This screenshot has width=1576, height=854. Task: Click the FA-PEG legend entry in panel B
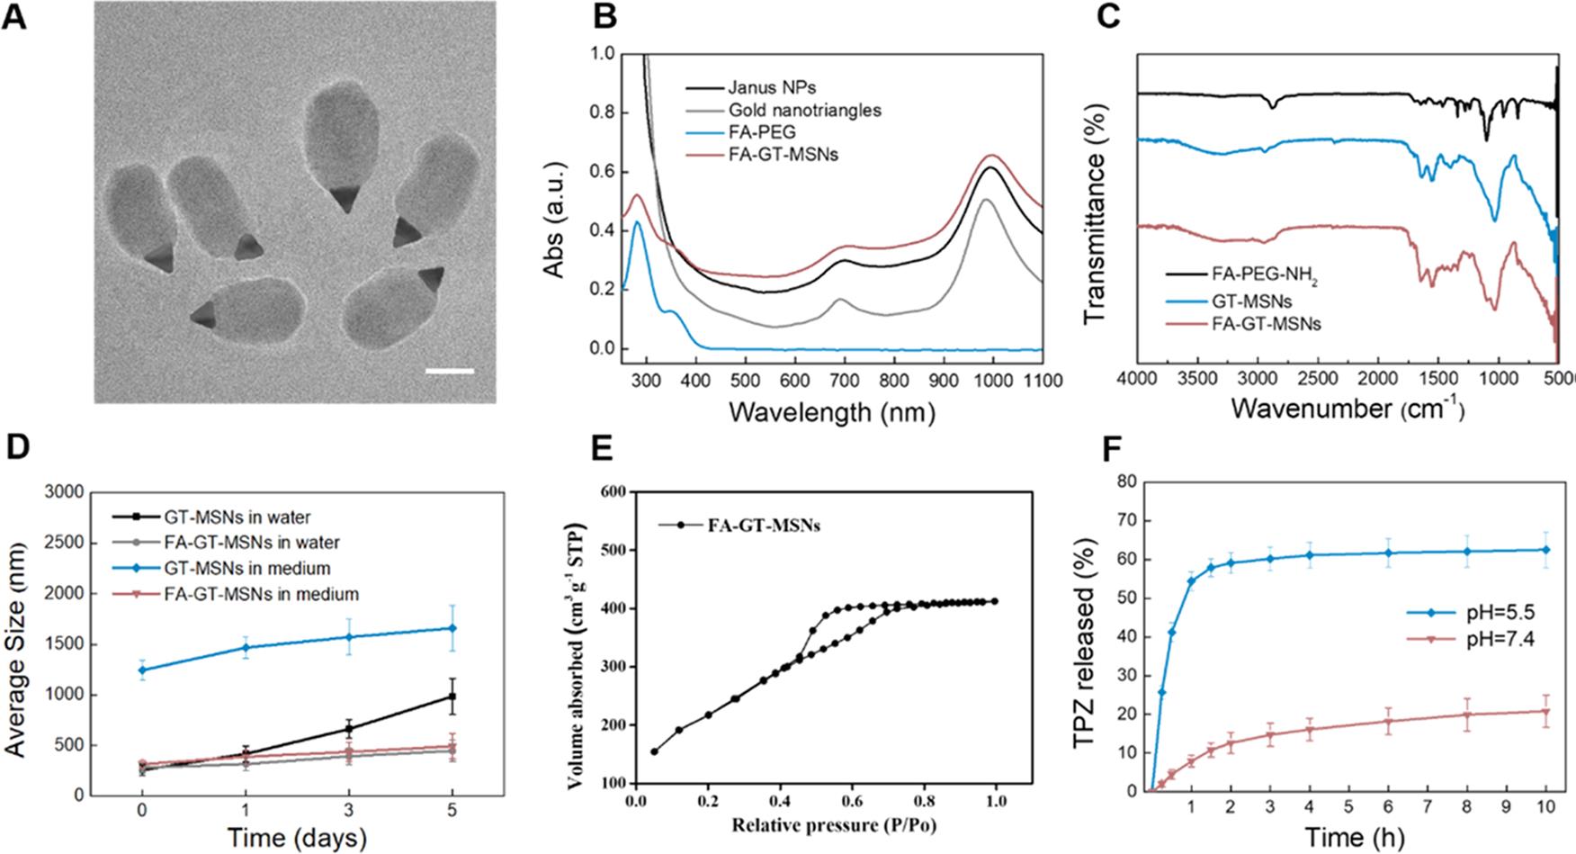click(x=763, y=133)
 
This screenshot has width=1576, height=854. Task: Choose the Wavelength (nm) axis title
click(x=831, y=412)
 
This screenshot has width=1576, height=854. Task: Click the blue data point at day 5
click(x=452, y=628)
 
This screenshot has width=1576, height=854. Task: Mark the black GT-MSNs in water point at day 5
click(x=452, y=697)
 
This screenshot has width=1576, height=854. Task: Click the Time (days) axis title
click(x=296, y=838)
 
